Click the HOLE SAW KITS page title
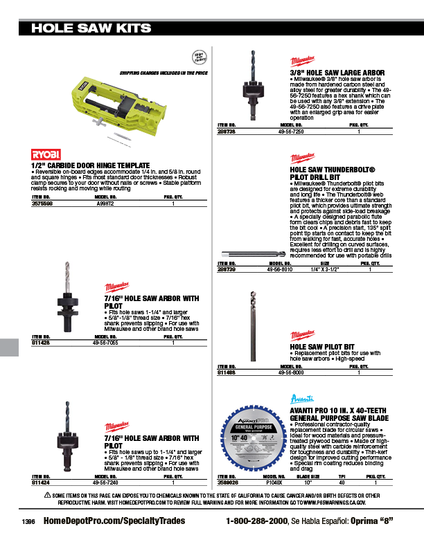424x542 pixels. (x=91, y=28)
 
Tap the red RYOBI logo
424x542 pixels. (x=46, y=153)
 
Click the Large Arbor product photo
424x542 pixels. (x=250, y=78)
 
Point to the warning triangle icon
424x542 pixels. (x=48, y=495)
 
